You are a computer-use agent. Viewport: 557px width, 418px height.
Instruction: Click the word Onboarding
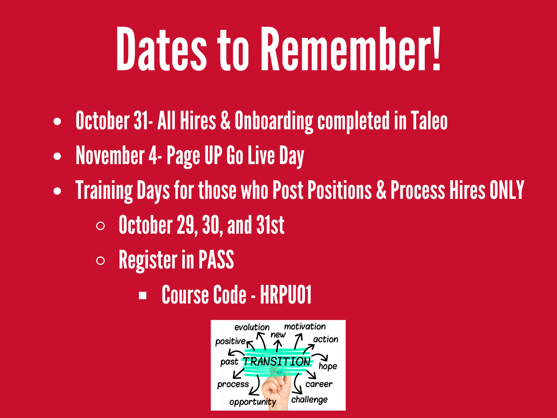click(274, 122)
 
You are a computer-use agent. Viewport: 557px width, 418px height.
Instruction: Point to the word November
click(110, 155)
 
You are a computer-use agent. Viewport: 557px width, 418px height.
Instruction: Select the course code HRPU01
click(286, 294)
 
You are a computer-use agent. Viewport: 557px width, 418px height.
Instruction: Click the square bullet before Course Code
click(142, 295)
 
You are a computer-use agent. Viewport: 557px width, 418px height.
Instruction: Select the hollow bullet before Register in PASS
click(101, 261)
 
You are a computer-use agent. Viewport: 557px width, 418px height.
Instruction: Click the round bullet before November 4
click(57, 156)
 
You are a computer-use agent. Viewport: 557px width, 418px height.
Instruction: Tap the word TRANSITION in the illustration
click(277, 361)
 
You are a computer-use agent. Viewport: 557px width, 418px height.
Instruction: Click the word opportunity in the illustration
click(253, 402)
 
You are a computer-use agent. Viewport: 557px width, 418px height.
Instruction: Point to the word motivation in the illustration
click(305, 326)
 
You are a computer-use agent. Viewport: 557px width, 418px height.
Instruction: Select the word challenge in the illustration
click(309, 400)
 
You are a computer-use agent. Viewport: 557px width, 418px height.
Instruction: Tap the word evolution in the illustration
click(252, 327)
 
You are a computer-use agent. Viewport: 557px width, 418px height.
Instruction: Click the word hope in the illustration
click(328, 366)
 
